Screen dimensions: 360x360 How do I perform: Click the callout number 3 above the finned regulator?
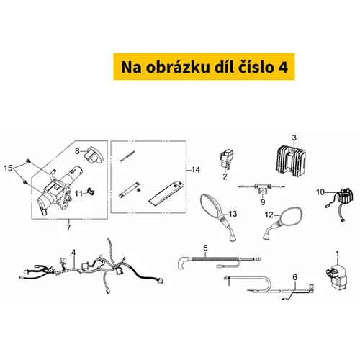point(294,138)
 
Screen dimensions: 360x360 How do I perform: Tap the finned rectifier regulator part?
point(290,159)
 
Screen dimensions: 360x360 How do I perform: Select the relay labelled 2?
point(226,158)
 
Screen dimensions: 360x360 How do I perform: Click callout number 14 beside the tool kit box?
point(196,170)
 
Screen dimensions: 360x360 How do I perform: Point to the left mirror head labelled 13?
point(210,206)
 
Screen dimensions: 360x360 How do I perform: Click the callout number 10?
point(320,192)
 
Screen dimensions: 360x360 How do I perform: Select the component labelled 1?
point(336,276)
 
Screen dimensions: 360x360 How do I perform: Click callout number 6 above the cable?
point(294,277)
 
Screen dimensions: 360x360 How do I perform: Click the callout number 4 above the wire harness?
point(73,253)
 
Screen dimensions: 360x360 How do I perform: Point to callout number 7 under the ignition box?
point(68,228)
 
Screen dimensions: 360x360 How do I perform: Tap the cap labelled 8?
point(93,156)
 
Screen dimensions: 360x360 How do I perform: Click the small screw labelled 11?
point(91,192)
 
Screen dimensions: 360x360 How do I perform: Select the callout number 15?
point(8,168)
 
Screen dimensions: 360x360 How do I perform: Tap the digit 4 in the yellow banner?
point(283,68)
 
